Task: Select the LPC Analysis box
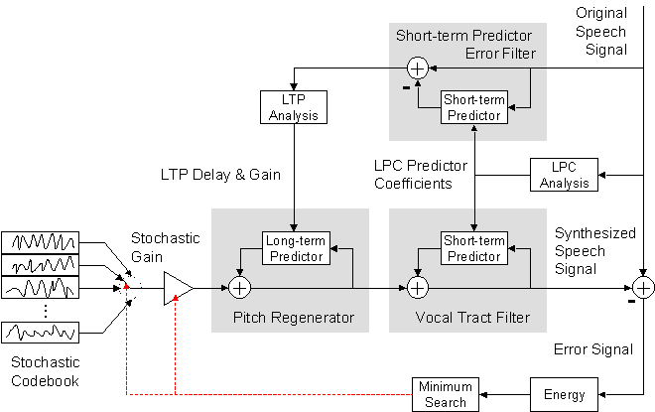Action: point(565,175)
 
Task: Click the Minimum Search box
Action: point(445,394)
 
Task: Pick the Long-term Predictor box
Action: point(295,248)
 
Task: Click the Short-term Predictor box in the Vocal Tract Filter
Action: point(472,248)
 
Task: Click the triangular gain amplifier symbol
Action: point(177,288)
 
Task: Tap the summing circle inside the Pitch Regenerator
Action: point(239,288)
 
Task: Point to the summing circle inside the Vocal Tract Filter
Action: point(418,288)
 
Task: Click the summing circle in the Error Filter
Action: point(418,67)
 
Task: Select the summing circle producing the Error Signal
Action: point(644,288)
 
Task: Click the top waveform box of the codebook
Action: point(41,242)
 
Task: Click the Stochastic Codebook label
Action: point(42,372)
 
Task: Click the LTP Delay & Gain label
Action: point(221,175)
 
